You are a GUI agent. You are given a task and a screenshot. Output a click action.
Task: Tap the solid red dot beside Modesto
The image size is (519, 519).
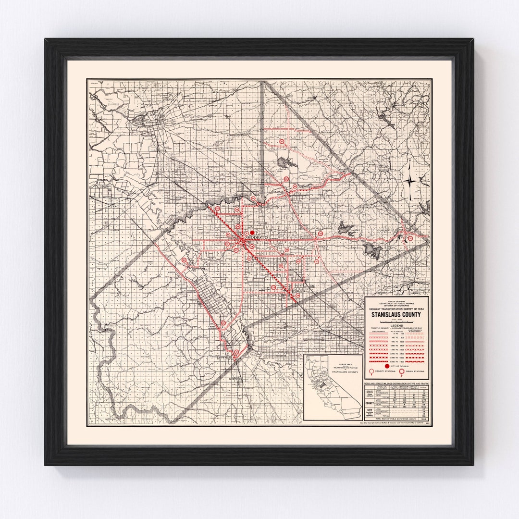[x=252, y=233]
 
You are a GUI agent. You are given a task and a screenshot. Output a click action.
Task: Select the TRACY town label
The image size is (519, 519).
[x=114, y=206]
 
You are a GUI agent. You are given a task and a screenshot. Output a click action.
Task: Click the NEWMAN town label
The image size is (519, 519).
[x=224, y=358]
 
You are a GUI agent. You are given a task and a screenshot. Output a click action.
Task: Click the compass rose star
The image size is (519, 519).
[x=410, y=181]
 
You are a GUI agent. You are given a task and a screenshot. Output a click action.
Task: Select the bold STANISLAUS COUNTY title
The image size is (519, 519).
[x=396, y=315]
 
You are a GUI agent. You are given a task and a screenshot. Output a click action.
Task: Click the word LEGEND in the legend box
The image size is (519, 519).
[x=396, y=325]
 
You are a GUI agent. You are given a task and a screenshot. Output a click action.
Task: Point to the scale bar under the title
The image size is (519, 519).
[x=396, y=321]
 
